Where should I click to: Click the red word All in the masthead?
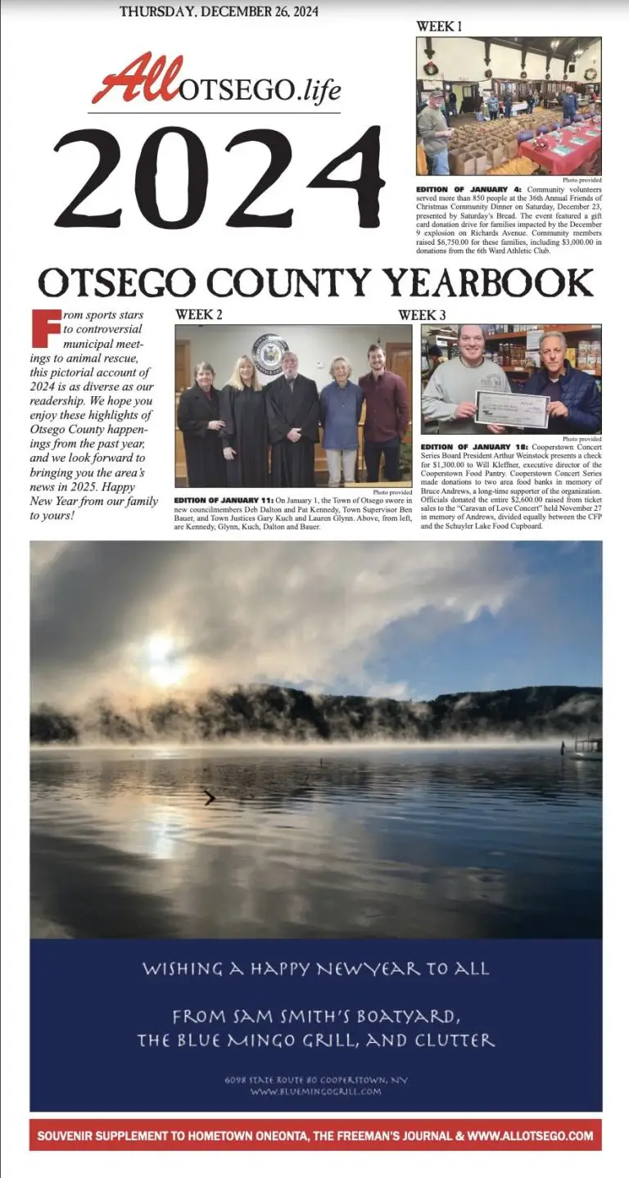coord(134,79)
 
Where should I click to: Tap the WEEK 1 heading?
coord(439,26)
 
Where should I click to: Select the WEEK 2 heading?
coord(198,314)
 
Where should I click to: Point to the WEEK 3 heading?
coord(422,314)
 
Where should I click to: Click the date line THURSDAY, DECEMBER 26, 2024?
coord(219,11)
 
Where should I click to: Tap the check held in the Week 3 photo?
coord(512,407)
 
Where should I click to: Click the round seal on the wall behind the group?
coord(270,353)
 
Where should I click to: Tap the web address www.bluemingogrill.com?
coord(315,1091)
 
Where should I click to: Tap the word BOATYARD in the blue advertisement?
coord(393,1017)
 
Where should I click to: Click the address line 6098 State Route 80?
coord(315,1080)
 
